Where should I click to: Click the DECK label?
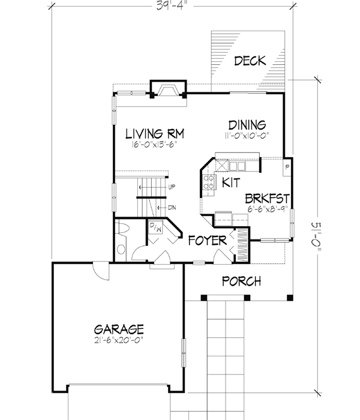[x=250, y=61]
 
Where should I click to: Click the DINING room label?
[x=247, y=125]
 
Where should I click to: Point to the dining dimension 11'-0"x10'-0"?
[x=247, y=136]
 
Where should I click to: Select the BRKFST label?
[x=268, y=198]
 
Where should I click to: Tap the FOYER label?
[x=206, y=241]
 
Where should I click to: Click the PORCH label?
[x=241, y=281]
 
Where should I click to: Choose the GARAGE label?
[x=119, y=329]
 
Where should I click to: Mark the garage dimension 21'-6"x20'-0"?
[x=119, y=340]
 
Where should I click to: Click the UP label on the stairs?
[x=172, y=187]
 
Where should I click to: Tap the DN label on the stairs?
[x=172, y=208]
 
